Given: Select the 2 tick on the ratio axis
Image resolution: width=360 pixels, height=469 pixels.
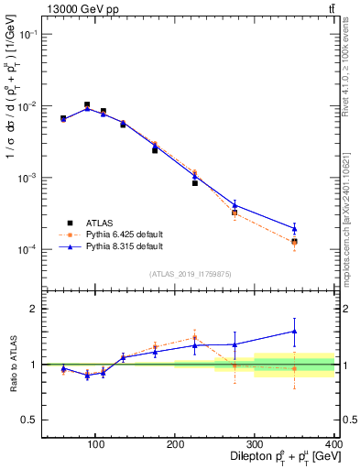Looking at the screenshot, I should click(35, 310).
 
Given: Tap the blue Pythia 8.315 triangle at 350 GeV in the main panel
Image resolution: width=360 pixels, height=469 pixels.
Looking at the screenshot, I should click(320, 228).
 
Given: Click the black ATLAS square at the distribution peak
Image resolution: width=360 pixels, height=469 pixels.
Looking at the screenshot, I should click(87, 105).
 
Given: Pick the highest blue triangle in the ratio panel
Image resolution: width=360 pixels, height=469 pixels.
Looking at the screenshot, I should click(320, 332).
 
